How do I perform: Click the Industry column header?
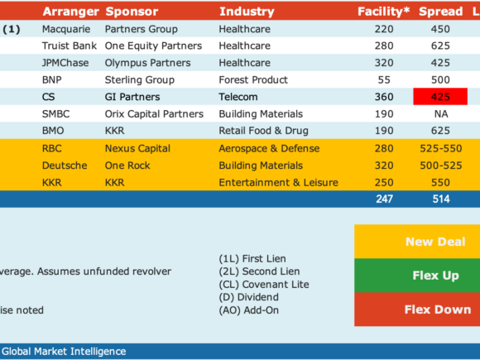point(247,12)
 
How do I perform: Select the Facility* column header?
point(383,12)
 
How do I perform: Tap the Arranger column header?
point(70,12)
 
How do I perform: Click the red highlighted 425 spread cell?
point(440,97)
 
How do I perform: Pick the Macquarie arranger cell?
point(66,29)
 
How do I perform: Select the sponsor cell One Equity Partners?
point(153,46)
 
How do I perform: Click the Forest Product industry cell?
point(253,80)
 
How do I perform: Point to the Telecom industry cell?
point(238,97)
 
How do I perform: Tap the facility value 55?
point(384,80)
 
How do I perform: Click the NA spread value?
point(441,114)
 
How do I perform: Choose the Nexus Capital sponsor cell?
point(137,148)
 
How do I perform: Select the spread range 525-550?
point(441,148)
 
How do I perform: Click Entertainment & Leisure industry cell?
point(279,182)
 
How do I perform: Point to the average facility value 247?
point(384,199)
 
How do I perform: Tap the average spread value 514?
point(441,199)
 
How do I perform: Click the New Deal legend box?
point(417,242)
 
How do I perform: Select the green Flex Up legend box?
point(417,276)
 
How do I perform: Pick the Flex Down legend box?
point(417,310)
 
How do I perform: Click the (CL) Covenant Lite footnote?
point(264,285)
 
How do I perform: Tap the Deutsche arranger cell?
point(65,166)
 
